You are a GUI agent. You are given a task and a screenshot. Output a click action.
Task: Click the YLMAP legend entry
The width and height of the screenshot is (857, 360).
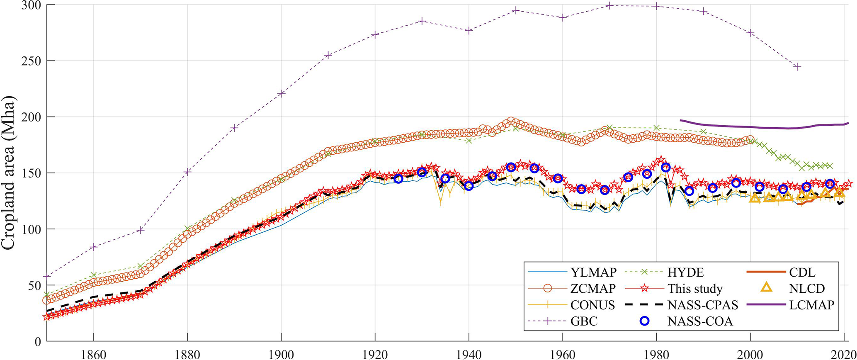[x=593, y=272]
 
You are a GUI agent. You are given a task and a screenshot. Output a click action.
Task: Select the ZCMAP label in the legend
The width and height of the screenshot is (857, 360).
[x=593, y=288]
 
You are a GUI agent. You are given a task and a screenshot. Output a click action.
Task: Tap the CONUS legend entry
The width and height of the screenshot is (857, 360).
[x=592, y=305]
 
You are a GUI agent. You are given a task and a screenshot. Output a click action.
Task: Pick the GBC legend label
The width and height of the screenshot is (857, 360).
[x=584, y=321]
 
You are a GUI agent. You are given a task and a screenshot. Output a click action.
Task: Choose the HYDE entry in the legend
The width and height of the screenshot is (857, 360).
[x=685, y=272]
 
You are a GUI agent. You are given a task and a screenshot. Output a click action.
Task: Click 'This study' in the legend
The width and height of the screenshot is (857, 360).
[x=695, y=288]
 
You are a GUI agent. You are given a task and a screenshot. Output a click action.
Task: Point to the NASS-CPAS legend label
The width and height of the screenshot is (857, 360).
[x=703, y=305]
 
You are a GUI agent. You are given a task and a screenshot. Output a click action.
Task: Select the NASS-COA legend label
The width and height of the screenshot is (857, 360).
[x=700, y=321]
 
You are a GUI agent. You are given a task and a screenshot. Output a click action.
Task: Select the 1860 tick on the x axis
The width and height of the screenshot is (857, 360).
[x=94, y=355]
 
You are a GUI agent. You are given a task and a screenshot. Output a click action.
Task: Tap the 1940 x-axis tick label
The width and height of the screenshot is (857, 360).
[x=469, y=355]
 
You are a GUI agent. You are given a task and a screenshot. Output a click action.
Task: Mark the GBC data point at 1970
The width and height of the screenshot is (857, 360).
[x=609, y=5]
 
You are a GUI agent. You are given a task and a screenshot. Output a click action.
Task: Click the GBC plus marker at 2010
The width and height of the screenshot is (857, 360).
[x=797, y=67]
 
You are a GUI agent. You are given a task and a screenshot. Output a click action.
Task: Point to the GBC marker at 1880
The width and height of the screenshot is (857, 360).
[x=187, y=172]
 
